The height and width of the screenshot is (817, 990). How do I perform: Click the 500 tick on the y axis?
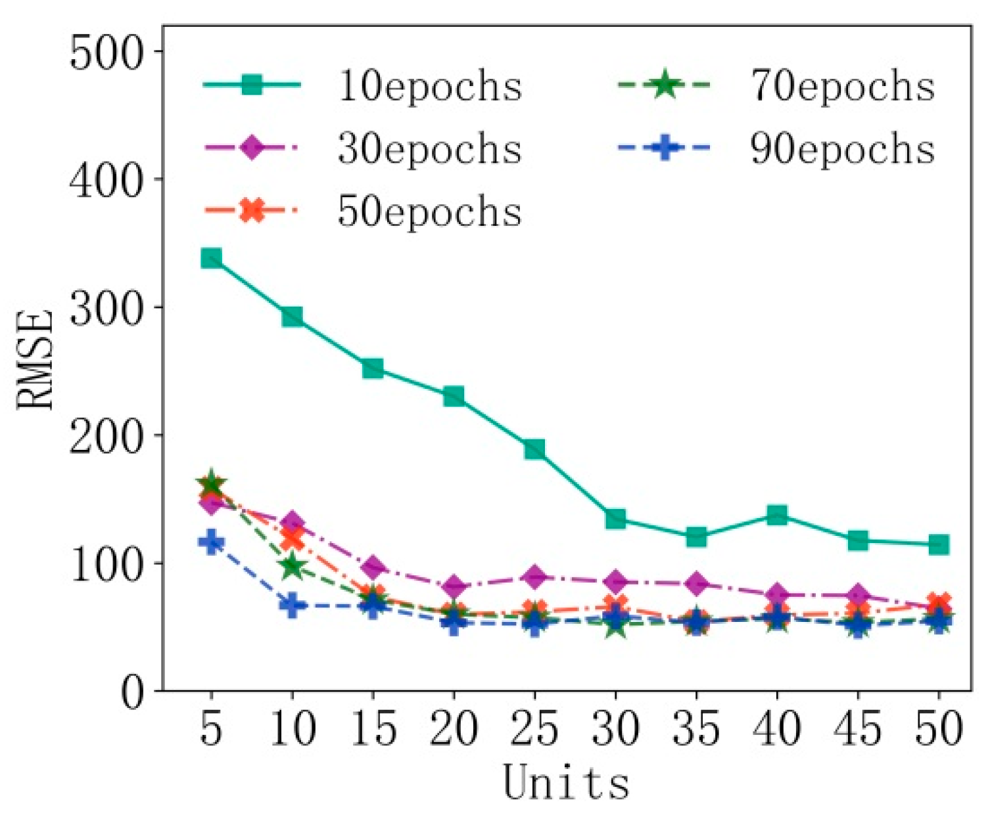pyautogui.click(x=106, y=53)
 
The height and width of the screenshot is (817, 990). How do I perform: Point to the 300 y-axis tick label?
pyautogui.click(x=106, y=307)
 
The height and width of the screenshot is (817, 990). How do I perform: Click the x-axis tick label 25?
pyautogui.click(x=534, y=729)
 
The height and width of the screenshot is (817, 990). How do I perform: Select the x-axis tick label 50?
pyautogui.click(x=939, y=729)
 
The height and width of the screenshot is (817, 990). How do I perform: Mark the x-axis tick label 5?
pyautogui.click(x=211, y=729)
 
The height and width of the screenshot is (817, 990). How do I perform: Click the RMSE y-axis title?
pyautogui.click(x=35, y=360)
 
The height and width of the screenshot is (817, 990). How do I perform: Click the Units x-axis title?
pyautogui.click(x=566, y=783)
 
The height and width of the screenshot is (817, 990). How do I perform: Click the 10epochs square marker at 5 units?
pyautogui.click(x=211, y=258)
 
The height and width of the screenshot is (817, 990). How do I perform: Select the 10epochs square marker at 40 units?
pyautogui.click(x=777, y=515)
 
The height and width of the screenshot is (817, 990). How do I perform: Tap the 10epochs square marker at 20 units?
pyautogui.click(x=454, y=397)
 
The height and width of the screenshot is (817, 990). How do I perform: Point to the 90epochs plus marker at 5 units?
pyautogui.click(x=211, y=542)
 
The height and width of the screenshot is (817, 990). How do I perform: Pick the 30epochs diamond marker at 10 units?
pyautogui.click(x=292, y=523)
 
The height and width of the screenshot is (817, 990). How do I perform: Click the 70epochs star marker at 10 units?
pyautogui.click(x=292, y=566)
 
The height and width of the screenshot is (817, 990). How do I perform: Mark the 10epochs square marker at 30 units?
pyautogui.click(x=615, y=519)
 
